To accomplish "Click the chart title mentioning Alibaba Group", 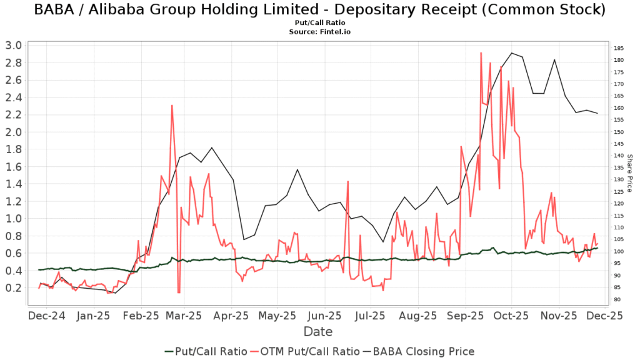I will [319, 10].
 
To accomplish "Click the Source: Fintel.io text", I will [319, 31].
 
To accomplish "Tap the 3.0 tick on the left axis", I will [13, 45].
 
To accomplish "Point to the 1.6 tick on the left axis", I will [13, 166].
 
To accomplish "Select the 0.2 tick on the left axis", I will [13, 287].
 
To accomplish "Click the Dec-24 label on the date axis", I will [47, 316].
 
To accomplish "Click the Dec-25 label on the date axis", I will [604, 316].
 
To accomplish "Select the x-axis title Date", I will [318, 331].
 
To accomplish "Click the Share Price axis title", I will [630, 173].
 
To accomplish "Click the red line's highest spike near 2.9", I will [481, 53].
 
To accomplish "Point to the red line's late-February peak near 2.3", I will [172, 106].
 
